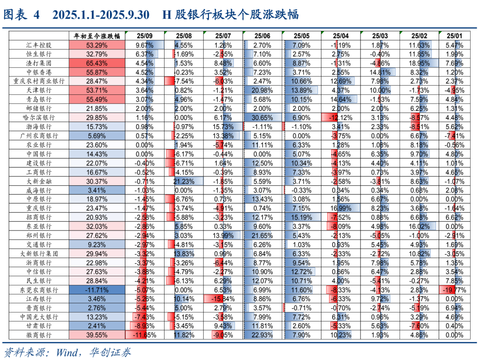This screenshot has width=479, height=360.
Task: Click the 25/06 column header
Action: pyautogui.click(x=262, y=36)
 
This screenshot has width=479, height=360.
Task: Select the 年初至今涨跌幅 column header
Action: pyautogui.click(x=97, y=36)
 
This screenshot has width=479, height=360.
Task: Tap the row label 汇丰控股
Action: pyautogui.click(x=39, y=45)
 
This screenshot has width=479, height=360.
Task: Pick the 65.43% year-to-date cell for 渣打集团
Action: pyautogui.click(x=97, y=63)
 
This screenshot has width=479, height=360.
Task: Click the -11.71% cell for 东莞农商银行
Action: pyautogui.click(x=97, y=290)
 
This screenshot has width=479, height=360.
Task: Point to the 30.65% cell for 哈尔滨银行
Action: pyautogui.click(x=262, y=118)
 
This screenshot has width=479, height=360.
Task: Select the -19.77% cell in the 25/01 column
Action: pyautogui.click(x=454, y=290)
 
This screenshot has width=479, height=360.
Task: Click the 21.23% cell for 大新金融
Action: pyautogui.click(x=183, y=181)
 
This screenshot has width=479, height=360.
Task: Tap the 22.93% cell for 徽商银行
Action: pyautogui.click(x=262, y=336)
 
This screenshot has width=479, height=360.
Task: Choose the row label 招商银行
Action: pyautogui.click(x=39, y=218)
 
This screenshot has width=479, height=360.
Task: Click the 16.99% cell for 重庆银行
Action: pyautogui.click(x=340, y=208)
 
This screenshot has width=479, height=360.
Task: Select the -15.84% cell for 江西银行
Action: pyautogui.click(x=223, y=299)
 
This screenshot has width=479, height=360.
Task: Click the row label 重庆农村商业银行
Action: pyautogui.click(x=39, y=82)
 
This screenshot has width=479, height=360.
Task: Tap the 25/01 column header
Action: pyautogui.click(x=454, y=36)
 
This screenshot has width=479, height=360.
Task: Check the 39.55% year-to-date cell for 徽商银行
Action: pyautogui.click(x=97, y=336)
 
